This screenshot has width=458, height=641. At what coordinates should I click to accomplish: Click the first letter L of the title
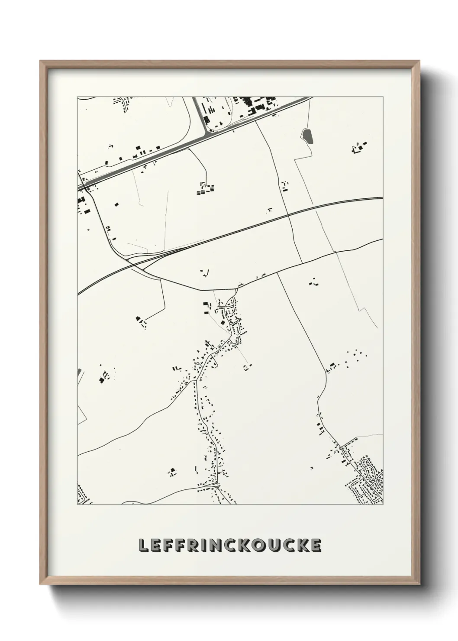pyautogui.click(x=143, y=545)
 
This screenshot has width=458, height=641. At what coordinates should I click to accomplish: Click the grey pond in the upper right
pyautogui.click(x=306, y=136)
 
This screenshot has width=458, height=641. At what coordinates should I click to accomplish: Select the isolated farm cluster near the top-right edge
pyautogui.click(x=359, y=149)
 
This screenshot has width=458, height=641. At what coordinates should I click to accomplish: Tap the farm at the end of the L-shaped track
pyautogui.click(x=141, y=321)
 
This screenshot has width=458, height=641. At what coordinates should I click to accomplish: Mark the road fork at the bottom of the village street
pyautogui.click(x=217, y=487)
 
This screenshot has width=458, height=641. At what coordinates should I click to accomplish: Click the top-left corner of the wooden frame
pyautogui.click(x=41, y=62)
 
